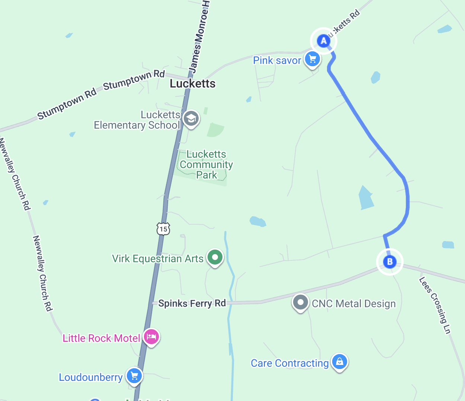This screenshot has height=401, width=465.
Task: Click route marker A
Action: click(x=323, y=41)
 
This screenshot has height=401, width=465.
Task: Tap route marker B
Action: click(x=389, y=262)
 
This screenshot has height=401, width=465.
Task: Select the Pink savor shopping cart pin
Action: click(x=312, y=59)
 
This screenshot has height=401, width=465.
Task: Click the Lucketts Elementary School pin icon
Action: click(x=191, y=119)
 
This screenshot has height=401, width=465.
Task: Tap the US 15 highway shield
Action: click(x=163, y=228)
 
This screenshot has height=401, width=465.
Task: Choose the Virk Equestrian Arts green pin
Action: click(x=215, y=257)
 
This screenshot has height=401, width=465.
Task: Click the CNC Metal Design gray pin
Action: click(x=300, y=302)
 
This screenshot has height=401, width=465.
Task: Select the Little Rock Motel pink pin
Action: click(x=151, y=337)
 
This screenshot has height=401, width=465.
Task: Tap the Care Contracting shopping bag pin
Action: click(x=339, y=361)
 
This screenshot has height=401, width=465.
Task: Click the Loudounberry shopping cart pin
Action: click(x=134, y=376)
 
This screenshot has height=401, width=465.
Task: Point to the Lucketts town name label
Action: click(x=192, y=84)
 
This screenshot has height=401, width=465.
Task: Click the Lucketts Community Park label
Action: click(x=206, y=164)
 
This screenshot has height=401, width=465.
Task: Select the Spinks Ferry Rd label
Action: click(x=192, y=303)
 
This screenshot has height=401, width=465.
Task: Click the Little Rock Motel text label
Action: click(x=101, y=338)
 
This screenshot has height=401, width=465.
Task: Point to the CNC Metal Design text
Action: click(x=354, y=304)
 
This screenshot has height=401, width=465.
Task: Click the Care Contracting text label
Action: click(x=290, y=363)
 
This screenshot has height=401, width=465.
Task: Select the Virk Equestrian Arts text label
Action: click(x=158, y=259)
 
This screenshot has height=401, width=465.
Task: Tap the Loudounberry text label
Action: click(x=91, y=378)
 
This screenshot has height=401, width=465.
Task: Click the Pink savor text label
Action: click(x=277, y=60)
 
